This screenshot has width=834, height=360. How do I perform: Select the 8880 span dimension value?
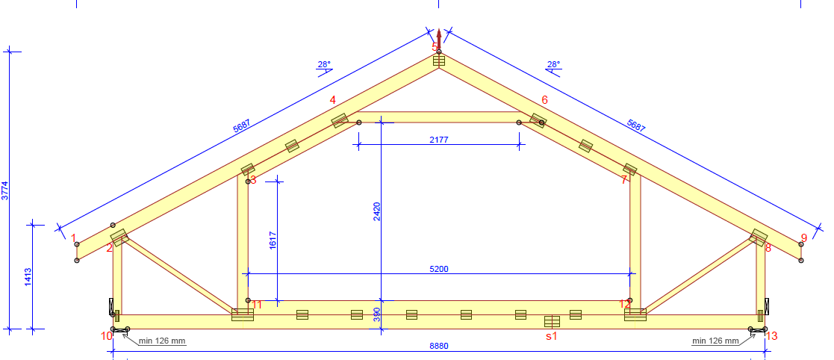tap(439, 346)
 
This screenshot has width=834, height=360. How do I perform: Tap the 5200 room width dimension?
tap(439, 269)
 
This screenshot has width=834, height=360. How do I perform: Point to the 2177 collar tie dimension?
tap(439, 140)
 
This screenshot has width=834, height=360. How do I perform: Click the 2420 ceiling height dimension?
tap(376, 211)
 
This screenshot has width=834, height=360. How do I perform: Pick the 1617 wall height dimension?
tap(273, 240)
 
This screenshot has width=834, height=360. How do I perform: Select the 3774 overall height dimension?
tap(5, 190)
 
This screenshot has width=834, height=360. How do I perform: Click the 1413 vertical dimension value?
tap(28, 277)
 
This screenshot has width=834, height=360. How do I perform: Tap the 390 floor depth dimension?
tap(376, 314)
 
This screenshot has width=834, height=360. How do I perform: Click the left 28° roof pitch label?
tap(324, 64)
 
